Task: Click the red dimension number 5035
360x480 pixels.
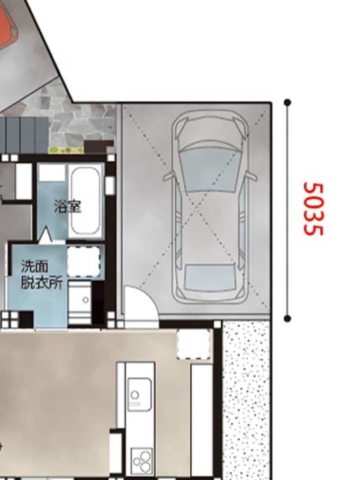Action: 313,209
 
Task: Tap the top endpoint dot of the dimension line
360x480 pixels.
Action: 287,102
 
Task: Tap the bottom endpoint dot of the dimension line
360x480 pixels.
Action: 287,318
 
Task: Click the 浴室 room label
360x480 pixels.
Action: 68,206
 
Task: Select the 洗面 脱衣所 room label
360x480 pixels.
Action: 42,274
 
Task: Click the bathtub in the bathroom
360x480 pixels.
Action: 85,200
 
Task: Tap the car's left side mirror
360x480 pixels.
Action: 168,176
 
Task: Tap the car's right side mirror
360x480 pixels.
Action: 251,176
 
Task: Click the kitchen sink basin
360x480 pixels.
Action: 139,394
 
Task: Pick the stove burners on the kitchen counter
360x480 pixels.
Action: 141,461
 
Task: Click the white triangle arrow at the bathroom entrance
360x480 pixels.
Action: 46,236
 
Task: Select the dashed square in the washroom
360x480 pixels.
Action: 84,262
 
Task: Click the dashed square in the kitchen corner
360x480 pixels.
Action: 194,344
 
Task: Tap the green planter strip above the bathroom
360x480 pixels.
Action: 66,150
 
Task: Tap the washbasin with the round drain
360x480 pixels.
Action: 80,300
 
